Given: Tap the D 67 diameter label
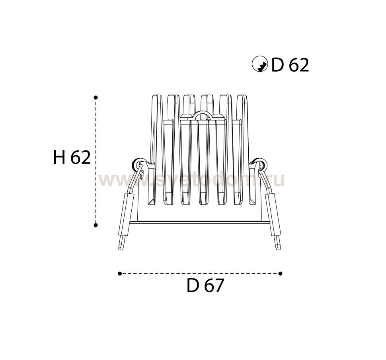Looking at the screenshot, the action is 205,285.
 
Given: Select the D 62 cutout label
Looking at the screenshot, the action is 290,65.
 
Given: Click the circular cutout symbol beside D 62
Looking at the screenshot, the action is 260,64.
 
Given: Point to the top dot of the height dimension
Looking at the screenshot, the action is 96,97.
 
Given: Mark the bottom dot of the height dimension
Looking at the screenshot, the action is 96,225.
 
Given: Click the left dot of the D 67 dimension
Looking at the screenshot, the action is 120,273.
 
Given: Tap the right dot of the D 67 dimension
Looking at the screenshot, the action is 280,273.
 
